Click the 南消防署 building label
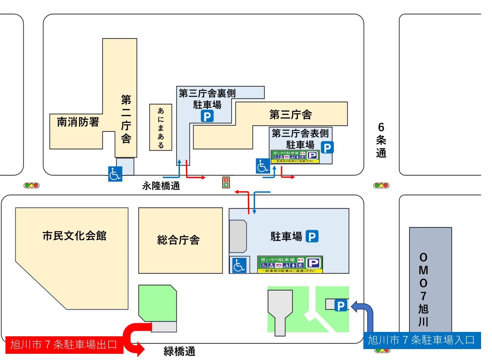[78, 122]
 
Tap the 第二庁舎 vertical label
[126, 119]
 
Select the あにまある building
[161, 127]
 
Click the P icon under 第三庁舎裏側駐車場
[207, 116]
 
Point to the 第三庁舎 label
[290, 115]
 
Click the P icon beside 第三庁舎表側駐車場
[327, 147]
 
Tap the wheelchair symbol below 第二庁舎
[115, 174]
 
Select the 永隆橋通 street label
[161, 186]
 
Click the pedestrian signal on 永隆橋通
[226, 182]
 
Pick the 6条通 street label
[381, 140]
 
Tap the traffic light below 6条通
[381, 185]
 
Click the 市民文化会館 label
[74, 236]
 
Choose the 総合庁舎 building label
[178, 240]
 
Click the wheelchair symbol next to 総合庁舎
[239, 265]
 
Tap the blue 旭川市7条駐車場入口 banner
[422, 340]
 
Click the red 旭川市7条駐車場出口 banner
[64, 345]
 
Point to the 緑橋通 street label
[179, 351]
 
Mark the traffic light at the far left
[31, 185]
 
